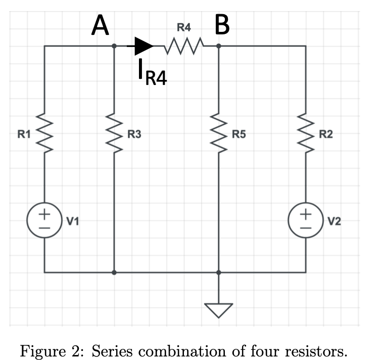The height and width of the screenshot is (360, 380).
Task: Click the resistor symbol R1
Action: (45, 134)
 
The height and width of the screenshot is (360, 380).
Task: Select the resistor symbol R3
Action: (115, 134)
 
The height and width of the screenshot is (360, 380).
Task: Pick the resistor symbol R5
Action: (219, 134)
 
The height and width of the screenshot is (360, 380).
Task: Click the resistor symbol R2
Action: (306, 134)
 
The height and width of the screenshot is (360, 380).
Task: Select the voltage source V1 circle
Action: (45, 221)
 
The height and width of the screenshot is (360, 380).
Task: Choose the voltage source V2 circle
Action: (306, 221)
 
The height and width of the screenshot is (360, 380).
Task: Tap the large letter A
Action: (100, 25)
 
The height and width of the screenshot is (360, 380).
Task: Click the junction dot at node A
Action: (115, 46)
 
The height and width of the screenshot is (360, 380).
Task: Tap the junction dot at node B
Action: (219, 46)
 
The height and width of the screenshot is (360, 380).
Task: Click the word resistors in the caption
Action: (315, 349)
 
